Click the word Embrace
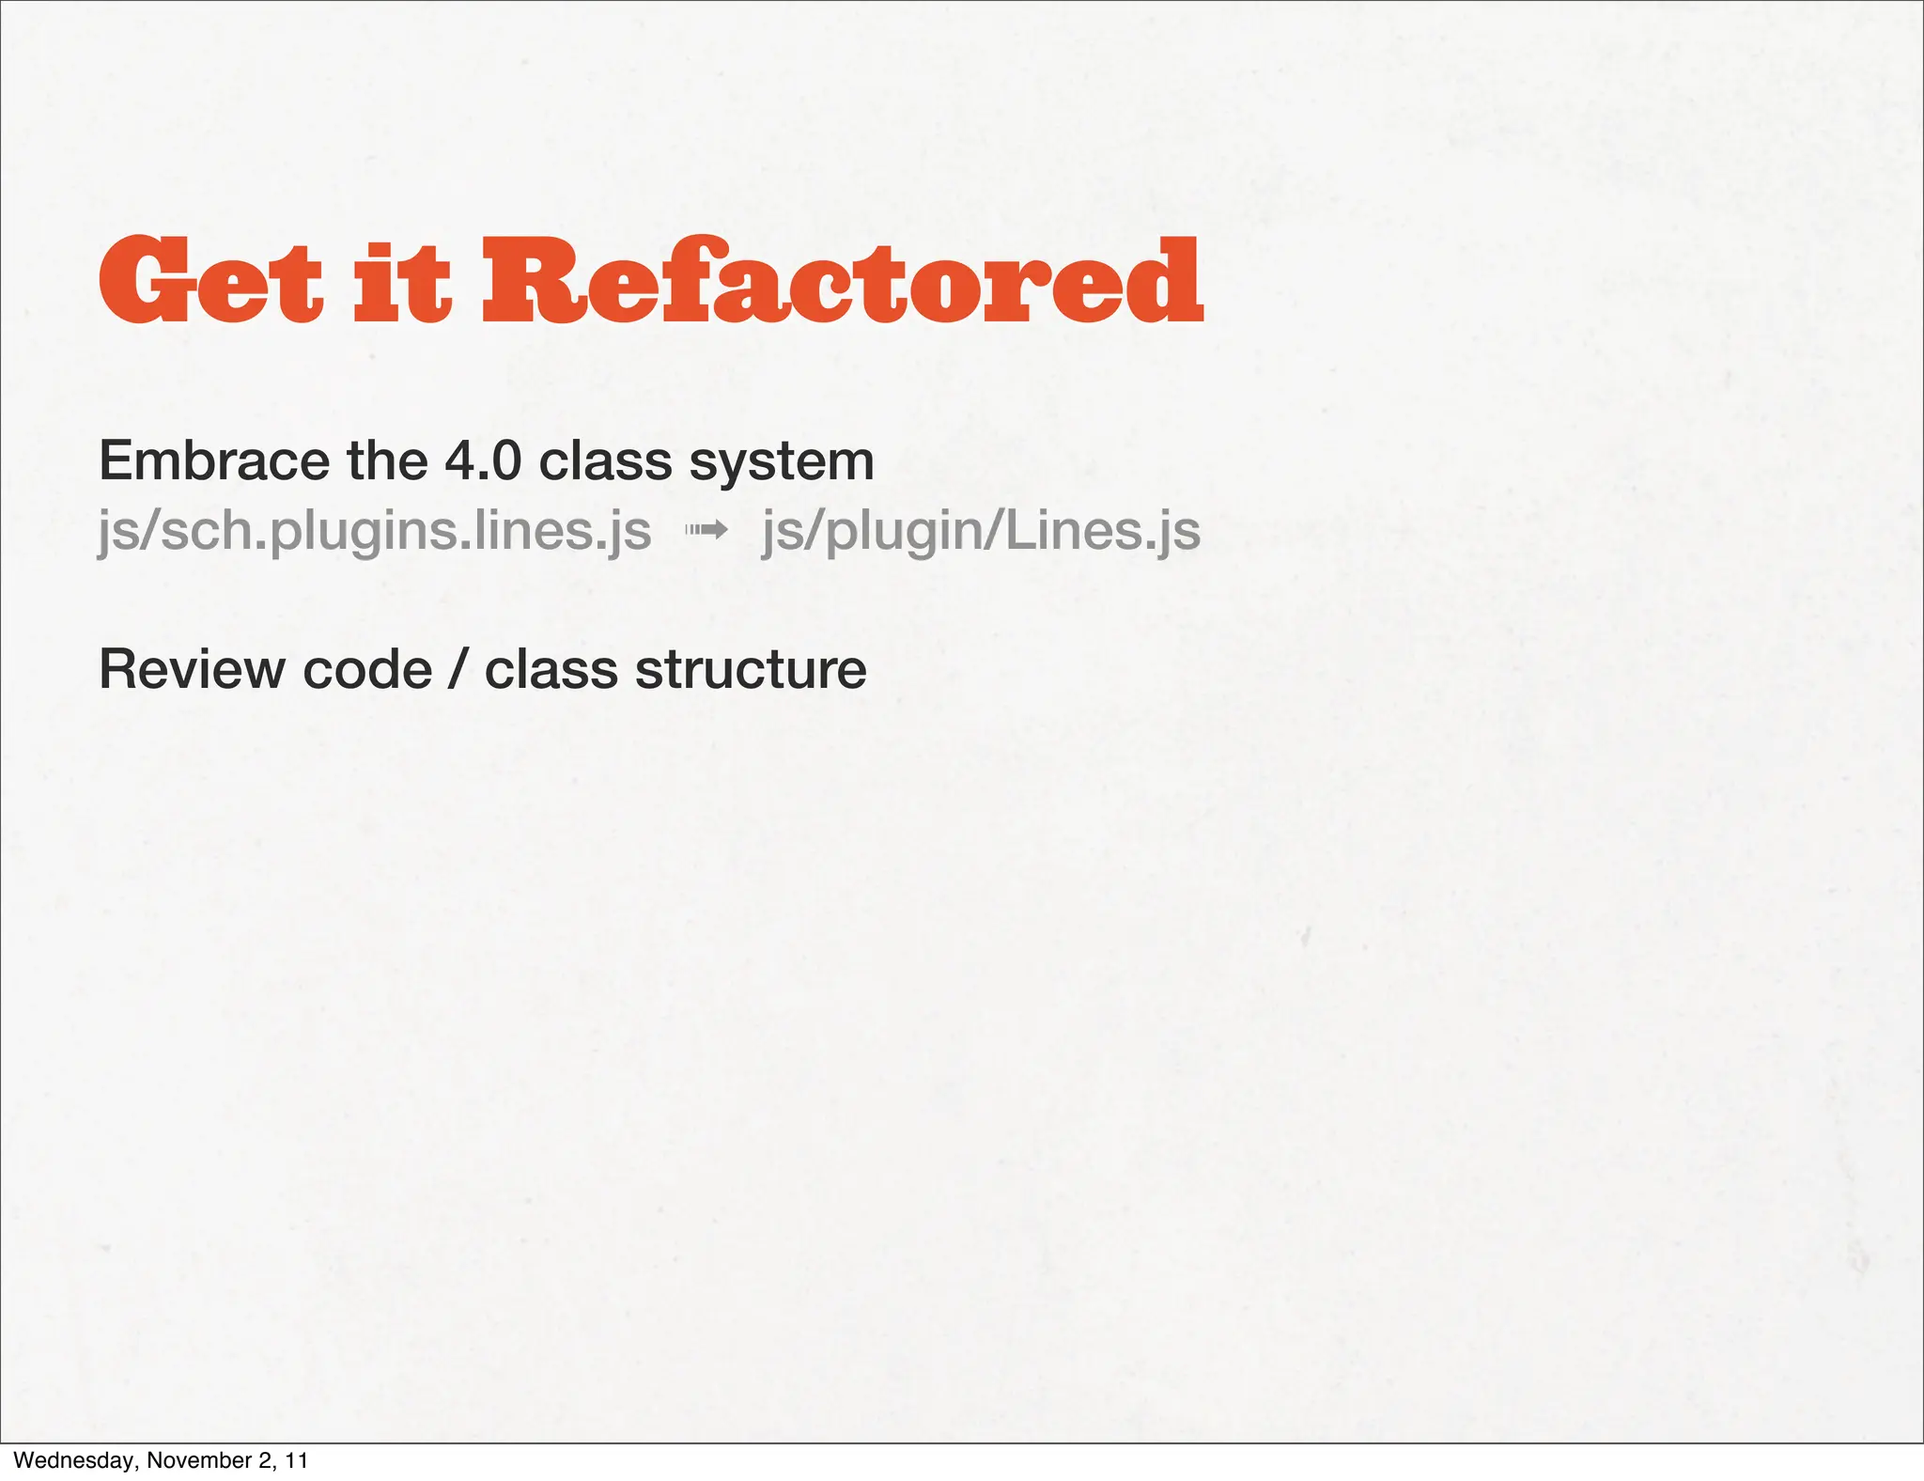214,461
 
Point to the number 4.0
482,461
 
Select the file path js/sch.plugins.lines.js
375,531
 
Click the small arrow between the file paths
706,531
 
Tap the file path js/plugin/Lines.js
981,531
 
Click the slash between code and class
458,670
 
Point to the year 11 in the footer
297,1460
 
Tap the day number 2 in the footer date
262,1460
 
